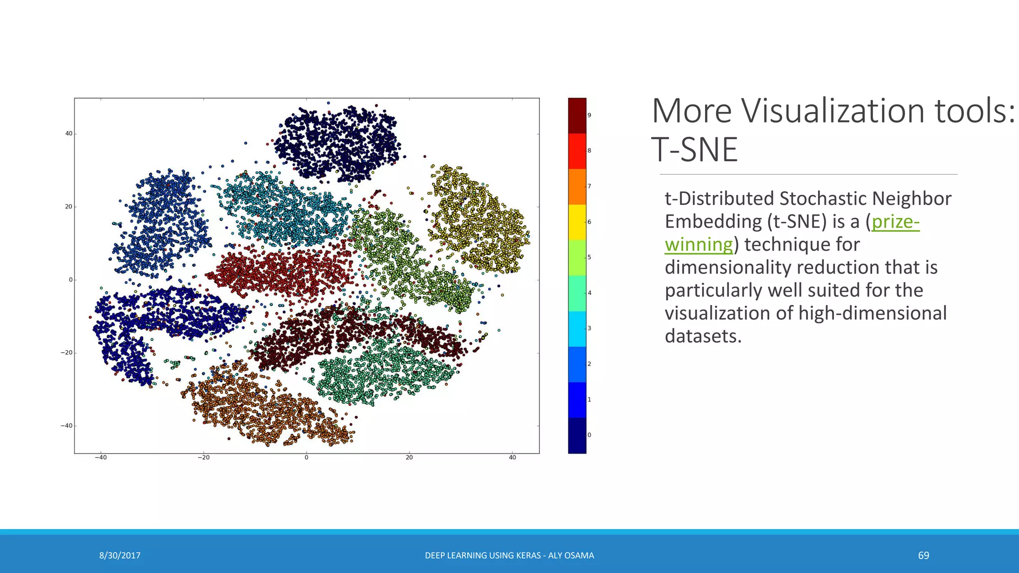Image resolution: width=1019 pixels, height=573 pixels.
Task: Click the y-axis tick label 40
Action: (69, 134)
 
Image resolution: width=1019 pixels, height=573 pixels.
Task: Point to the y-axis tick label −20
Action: (67, 353)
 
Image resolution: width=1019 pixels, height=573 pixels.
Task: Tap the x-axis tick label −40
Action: (101, 458)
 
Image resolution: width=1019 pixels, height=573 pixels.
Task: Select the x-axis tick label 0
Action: (306, 458)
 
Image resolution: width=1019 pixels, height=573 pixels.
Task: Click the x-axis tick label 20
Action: (409, 458)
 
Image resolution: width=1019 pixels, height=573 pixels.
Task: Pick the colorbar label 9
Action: (589, 115)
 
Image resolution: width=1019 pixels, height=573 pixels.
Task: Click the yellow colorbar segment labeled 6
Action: (577, 222)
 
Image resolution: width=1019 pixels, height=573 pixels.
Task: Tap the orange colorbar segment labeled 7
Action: (577, 187)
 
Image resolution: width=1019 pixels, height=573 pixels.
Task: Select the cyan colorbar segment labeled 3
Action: (577, 329)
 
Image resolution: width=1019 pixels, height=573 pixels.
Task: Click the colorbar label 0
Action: (589, 435)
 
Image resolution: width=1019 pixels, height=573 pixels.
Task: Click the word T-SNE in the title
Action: (694, 150)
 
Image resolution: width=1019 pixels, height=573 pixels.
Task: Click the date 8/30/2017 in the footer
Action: (119, 556)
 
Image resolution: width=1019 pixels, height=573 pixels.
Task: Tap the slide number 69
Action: (923, 556)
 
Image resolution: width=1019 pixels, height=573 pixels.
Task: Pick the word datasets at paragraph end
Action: (703, 336)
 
